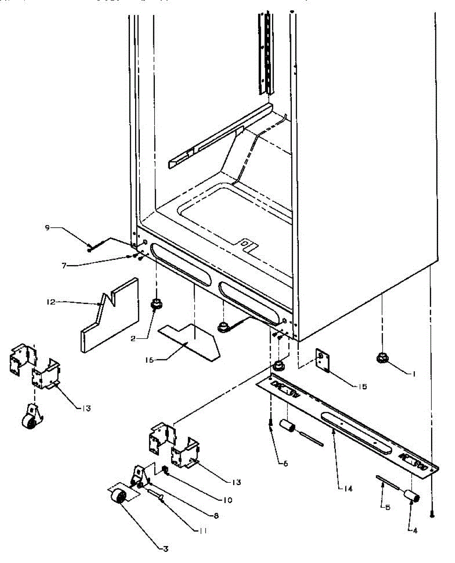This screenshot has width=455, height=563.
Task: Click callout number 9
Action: (47, 228)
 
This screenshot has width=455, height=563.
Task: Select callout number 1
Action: (414, 373)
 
